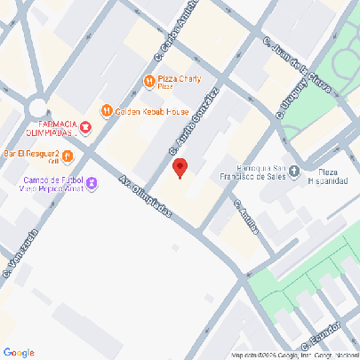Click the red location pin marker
[x=180, y=168]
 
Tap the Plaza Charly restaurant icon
[x=148, y=83]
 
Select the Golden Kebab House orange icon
[x=107, y=111]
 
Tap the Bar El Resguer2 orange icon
[x=67, y=156]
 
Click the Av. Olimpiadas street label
[x=145, y=202]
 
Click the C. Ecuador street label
[x=319, y=335]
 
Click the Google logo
[x=18, y=353]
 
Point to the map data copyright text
[x=293, y=356]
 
